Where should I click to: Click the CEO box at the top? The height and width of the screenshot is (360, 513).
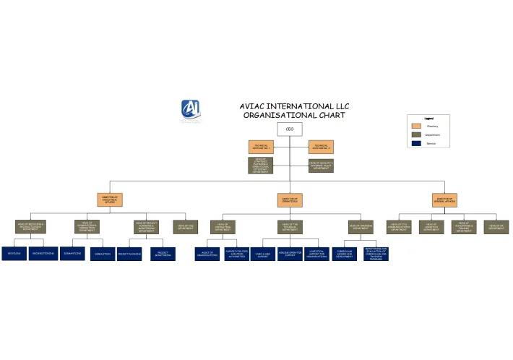tap(290, 129)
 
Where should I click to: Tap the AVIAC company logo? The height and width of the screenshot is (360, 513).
tap(191, 109)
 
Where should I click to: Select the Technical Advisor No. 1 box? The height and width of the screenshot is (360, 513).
tap(261, 147)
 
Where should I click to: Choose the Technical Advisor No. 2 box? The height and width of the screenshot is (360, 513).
tap(321, 147)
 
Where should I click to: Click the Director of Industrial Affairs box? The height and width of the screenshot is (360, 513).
tap(110, 200)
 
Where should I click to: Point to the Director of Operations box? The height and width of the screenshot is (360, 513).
tap(290, 200)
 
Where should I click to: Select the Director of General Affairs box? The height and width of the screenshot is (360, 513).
tap(444, 200)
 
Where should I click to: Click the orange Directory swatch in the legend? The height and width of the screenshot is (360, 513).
tap(416, 126)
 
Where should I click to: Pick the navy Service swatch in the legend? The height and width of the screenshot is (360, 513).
tap(416, 143)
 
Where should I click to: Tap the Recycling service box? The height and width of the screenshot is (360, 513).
tap(14, 254)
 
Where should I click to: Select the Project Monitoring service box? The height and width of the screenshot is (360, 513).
tap(163, 254)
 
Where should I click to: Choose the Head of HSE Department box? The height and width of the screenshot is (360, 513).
tap(185, 227)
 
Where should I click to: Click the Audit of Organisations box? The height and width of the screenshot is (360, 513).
tap(207, 254)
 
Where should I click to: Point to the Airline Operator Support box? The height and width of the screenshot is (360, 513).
tap(290, 254)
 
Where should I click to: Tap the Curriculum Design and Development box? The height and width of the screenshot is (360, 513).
tap(344, 254)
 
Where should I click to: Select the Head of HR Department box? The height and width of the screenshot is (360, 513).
tap(496, 227)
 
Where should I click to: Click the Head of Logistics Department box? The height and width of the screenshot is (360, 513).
tap(431, 227)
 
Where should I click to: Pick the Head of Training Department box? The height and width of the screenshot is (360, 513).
tap(361, 227)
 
